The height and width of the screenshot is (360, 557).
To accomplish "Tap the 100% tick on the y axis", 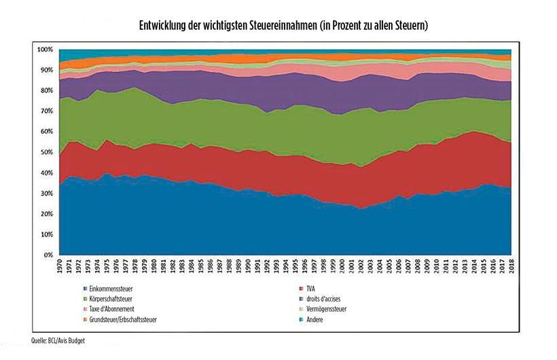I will (46, 50).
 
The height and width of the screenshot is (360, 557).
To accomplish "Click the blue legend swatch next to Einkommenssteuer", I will (82, 289).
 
